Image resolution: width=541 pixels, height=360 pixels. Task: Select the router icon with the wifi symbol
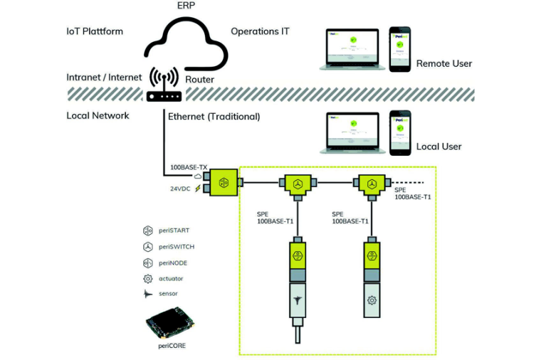pos(164,86)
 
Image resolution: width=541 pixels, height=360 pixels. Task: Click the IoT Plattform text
pos(94,31)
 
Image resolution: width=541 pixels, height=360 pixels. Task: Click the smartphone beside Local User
pos(400,132)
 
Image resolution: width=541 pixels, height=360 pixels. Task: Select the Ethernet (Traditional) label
pos(214,116)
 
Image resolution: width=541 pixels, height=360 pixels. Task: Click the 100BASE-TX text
pos(188,168)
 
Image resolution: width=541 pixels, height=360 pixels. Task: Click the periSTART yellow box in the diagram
pos(224,181)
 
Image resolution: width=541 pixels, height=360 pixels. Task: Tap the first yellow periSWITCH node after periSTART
pos(298,183)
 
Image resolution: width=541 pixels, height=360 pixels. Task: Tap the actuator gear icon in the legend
pos(148,278)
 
